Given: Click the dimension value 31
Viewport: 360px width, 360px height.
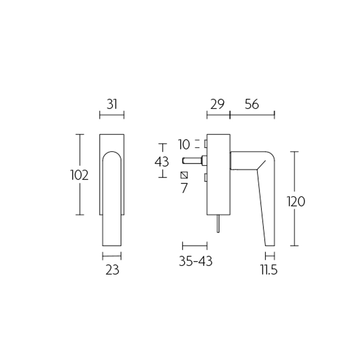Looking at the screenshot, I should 112,104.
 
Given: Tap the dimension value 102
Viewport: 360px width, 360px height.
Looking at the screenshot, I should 79,175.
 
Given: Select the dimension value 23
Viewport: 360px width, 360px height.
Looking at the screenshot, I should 112,270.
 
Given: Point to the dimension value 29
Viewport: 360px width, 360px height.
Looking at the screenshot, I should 218,104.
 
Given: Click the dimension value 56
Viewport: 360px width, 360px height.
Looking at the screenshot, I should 252,104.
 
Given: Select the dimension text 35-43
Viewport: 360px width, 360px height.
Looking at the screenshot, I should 194,261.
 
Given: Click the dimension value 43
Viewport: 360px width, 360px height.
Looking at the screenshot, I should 162,162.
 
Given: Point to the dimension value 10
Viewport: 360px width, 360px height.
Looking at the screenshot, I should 184,144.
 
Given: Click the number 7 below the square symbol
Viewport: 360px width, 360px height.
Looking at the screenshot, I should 184,188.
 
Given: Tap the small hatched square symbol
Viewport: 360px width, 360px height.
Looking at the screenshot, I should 184,175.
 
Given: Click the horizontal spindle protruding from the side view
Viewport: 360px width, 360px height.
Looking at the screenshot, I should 193,160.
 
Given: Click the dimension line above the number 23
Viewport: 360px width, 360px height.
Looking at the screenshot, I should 112,256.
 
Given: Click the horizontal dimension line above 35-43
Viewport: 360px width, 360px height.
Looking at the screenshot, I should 194,246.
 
